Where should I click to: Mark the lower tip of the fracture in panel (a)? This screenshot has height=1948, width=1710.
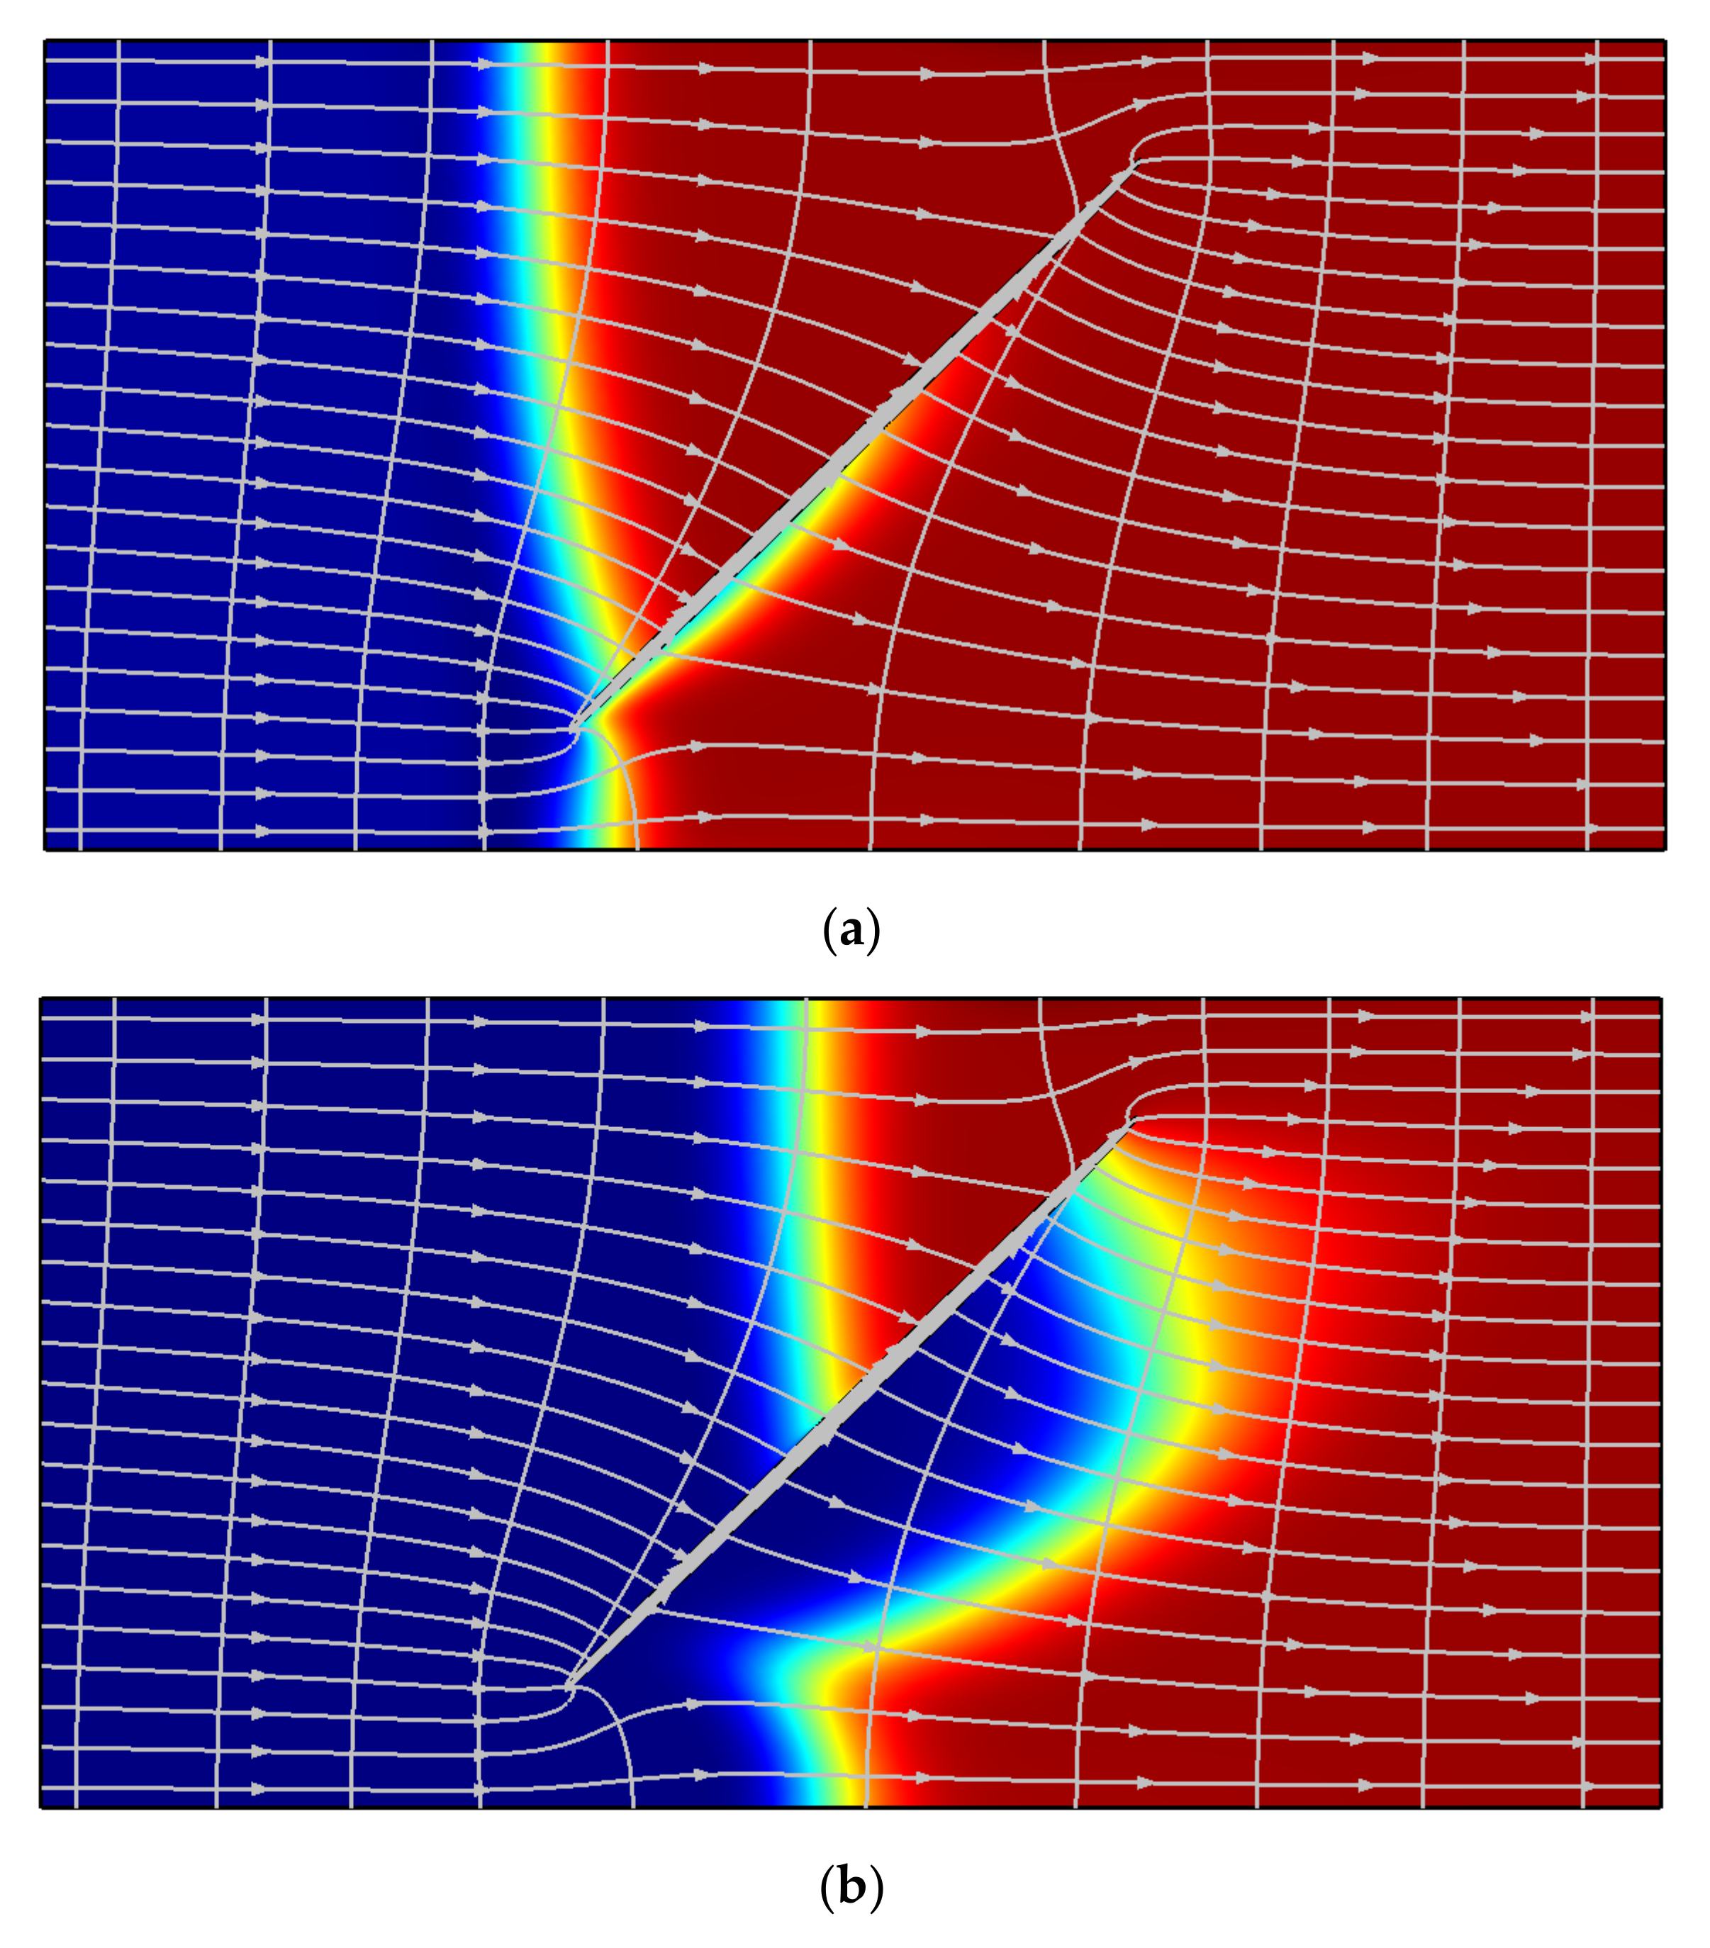[x=573, y=729]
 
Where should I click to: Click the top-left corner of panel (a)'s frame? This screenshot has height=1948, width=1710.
[x=45, y=40]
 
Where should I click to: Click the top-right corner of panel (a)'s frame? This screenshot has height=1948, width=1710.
[x=1665, y=40]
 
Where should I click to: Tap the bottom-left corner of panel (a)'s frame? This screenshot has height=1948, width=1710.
[x=45, y=849]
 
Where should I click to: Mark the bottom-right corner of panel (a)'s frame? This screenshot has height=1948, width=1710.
[x=1665, y=849]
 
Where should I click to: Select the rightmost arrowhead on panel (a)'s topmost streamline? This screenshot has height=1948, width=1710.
[x=1590, y=59]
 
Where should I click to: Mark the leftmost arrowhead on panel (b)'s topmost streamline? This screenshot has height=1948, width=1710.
[x=259, y=1019]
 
